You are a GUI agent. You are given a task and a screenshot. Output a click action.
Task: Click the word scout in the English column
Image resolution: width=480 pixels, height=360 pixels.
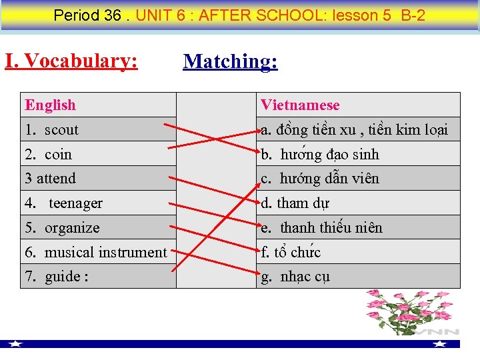tap(61, 130)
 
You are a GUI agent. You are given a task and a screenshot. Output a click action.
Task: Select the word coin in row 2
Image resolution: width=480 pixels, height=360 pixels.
tap(58, 155)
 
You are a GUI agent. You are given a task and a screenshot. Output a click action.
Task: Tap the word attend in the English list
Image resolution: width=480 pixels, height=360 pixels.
tap(56, 179)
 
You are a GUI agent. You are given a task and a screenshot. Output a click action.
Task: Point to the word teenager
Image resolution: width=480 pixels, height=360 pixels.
tap(75, 203)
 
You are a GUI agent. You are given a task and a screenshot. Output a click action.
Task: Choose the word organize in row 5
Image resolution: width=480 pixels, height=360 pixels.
tap(72, 228)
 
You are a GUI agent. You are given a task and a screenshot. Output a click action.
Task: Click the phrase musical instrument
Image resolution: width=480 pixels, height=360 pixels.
tap(105, 252)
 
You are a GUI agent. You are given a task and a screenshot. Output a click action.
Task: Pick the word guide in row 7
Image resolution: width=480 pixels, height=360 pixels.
tap(63, 277)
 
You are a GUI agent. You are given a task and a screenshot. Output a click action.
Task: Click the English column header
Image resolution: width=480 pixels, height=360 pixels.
tap(51, 105)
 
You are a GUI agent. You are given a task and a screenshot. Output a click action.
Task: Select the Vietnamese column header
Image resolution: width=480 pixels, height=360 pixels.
tap(300, 105)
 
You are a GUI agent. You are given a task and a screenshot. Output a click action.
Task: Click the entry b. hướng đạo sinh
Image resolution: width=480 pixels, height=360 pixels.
tap(320, 155)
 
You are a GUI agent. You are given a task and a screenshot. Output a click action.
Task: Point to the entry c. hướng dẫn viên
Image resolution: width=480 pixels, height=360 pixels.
tap(320, 179)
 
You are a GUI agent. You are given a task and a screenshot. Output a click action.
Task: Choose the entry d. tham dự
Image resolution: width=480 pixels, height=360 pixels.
tap(295, 203)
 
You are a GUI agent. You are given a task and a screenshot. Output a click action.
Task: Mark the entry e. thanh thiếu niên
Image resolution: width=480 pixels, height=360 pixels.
tap(322, 228)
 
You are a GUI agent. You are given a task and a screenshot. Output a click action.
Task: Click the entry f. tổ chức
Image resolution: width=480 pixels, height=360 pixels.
tap(291, 252)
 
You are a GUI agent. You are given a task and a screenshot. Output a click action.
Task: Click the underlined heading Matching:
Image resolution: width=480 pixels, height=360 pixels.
tap(230, 61)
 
